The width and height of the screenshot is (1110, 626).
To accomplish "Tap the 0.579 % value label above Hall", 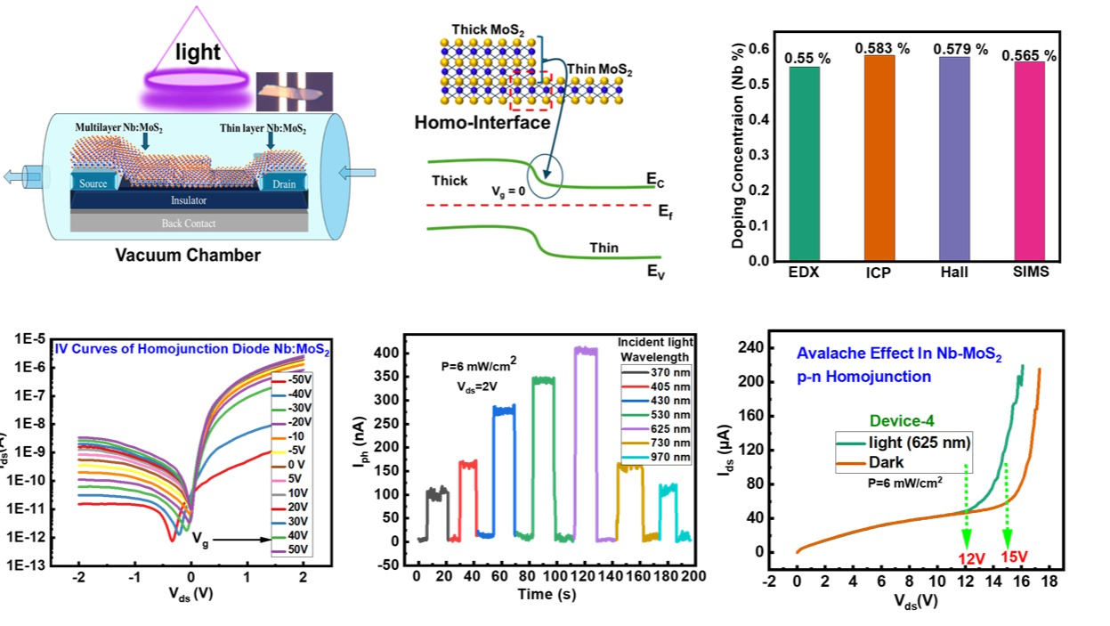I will pyautogui.click(x=956, y=50).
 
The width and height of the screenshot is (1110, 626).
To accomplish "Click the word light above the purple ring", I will pyautogui.click(x=198, y=53).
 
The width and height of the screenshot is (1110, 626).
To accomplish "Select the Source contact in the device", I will pyautogui.click(x=93, y=183).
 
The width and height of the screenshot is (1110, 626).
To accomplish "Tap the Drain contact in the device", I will pyautogui.click(x=283, y=183).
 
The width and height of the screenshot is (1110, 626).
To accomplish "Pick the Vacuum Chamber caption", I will pyautogui.click(x=188, y=256).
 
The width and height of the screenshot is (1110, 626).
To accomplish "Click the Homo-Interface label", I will pyautogui.click(x=482, y=124).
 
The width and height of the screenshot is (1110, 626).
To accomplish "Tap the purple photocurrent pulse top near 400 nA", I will pyautogui.click(x=585, y=351).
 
